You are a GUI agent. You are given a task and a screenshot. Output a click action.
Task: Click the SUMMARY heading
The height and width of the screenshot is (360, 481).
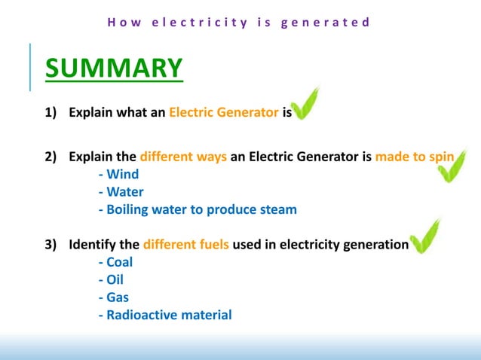[113, 68]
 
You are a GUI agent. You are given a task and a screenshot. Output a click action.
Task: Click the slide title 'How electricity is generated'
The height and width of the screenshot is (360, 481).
[239, 22]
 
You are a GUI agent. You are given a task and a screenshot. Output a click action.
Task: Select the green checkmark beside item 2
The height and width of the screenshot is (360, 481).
[453, 167]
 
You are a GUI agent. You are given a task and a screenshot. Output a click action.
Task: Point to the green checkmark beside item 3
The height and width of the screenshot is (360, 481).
[424, 237]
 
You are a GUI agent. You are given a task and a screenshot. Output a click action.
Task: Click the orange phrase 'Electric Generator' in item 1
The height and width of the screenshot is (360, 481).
[224, 113]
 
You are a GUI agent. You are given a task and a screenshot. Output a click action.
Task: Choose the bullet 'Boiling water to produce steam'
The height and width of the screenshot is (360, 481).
[198, 210]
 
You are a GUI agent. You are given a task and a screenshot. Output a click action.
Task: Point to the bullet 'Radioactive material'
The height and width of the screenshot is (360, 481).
[165, 315]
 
